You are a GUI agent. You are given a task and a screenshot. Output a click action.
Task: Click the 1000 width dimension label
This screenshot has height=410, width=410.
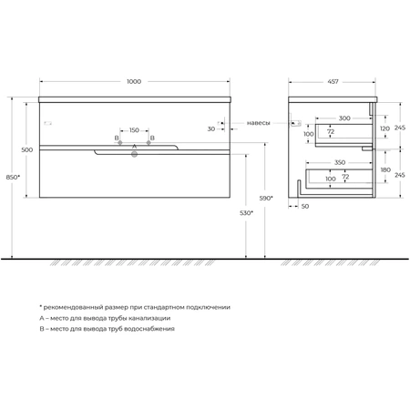point(134,81)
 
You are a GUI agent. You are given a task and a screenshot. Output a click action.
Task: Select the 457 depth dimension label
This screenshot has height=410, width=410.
point(333,82)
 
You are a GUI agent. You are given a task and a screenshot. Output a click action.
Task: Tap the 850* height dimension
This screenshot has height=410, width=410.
point(13,178)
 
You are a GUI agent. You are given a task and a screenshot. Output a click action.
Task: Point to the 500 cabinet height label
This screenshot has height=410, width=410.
point(27,149)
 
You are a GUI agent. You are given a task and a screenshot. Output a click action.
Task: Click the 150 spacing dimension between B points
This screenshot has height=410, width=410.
point(134,130)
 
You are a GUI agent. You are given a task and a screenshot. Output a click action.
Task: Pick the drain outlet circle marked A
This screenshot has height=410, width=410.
point(134,154)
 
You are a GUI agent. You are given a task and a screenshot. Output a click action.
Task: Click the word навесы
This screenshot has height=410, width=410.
point(258,123)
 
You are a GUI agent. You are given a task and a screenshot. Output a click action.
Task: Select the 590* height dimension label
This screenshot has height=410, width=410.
point(266,198)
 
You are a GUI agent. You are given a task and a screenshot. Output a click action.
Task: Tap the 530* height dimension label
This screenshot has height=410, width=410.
point(246,213)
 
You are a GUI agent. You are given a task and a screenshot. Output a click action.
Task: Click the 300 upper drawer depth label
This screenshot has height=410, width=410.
point(344,118)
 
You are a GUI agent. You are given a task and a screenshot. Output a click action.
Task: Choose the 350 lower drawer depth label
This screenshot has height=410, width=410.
point(340,162)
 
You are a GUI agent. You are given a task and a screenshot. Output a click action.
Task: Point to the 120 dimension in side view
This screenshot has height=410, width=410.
point(384,128)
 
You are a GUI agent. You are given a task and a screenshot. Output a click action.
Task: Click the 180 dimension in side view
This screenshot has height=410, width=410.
point(385,169)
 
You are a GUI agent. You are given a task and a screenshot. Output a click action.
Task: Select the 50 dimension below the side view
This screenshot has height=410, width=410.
point(305,206)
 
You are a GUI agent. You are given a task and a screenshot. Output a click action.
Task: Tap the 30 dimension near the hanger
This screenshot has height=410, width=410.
point(211,129)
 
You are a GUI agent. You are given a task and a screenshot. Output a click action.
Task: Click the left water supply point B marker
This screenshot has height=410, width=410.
point(120,142)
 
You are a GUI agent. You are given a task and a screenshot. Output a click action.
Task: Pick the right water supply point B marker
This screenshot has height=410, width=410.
point(149,142)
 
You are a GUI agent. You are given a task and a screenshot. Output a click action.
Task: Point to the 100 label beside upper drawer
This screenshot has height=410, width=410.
point(309,134)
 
